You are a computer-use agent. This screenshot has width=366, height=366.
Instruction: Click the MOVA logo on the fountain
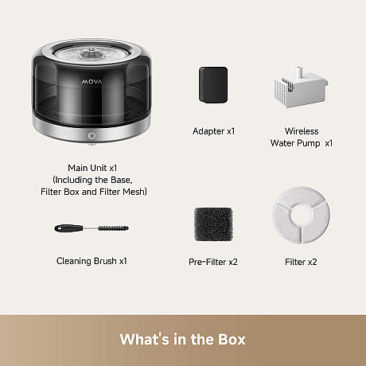(x=91, y=82)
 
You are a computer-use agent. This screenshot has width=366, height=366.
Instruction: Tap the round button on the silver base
(x=91, y=136)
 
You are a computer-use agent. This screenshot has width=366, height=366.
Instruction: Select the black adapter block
(x=213, y=85)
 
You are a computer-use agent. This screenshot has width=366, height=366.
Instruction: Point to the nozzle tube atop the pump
(x=299, y=72)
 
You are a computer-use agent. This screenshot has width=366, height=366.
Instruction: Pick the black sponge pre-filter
(x=213, y=224)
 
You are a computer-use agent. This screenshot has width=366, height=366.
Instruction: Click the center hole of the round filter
(x=301, y=215)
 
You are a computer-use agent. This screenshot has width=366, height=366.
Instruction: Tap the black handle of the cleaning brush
(x=69, y=228)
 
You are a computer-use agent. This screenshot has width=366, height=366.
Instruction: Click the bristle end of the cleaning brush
(x=113, y=228)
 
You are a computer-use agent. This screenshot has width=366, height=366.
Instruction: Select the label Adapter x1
(x=213, y=131)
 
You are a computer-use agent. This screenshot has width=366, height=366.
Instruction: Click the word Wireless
(x=302, y=131)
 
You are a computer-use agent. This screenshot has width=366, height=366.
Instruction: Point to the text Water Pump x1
(x=302, y=143)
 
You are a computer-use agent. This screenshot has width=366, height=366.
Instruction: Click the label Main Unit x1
(x=92, y=168)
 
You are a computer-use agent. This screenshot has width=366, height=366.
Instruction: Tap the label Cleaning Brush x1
(x=91, y=261)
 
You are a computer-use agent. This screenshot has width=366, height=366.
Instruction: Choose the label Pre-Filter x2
(x=213, y=262)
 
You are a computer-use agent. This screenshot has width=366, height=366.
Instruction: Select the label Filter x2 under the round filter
(x=301, y=262)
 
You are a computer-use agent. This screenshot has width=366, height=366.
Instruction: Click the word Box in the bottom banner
(x=232, y=339)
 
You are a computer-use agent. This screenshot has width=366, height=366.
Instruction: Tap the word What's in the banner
(x=144, y=339)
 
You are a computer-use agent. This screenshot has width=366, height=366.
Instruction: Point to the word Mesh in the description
(x=134, y=192)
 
